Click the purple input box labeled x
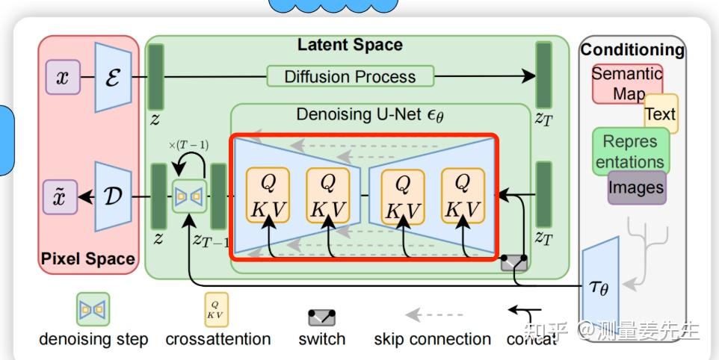pyautogui.click(x=63, y=77)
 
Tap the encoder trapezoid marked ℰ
pyautogui.click(x=114, y=77)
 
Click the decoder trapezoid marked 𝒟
pyautogui.click(x=114, y=197)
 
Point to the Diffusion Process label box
pyautogui.click(x=350, y=76)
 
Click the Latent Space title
pyautogui.click(x=350, y=45)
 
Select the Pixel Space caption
pyautogui.click(x=88, y=259)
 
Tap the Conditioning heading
pyautogui.click(x=632, y=50)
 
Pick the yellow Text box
pyautogui.click(x=661, y=114)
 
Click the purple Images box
pyautogui.click(x=637, y=187)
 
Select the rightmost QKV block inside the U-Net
pyautogui.click(x=463, y=196)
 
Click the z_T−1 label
pyautogui.click(x=211, y=240)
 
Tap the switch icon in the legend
pyautogui.click(x=322, y=317)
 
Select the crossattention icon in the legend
pyautogui.click(x=217, y=309)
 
